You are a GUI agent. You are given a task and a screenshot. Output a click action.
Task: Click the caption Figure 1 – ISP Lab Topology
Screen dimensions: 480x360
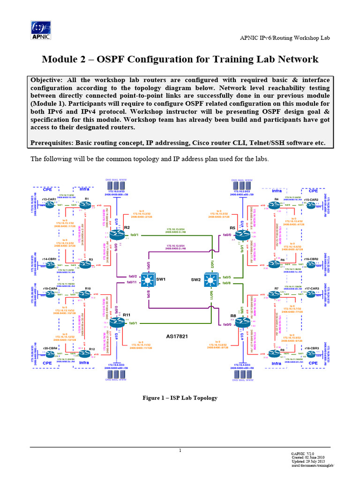click(180, 397)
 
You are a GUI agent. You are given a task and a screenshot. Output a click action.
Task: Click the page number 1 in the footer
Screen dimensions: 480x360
click(180, 450)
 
